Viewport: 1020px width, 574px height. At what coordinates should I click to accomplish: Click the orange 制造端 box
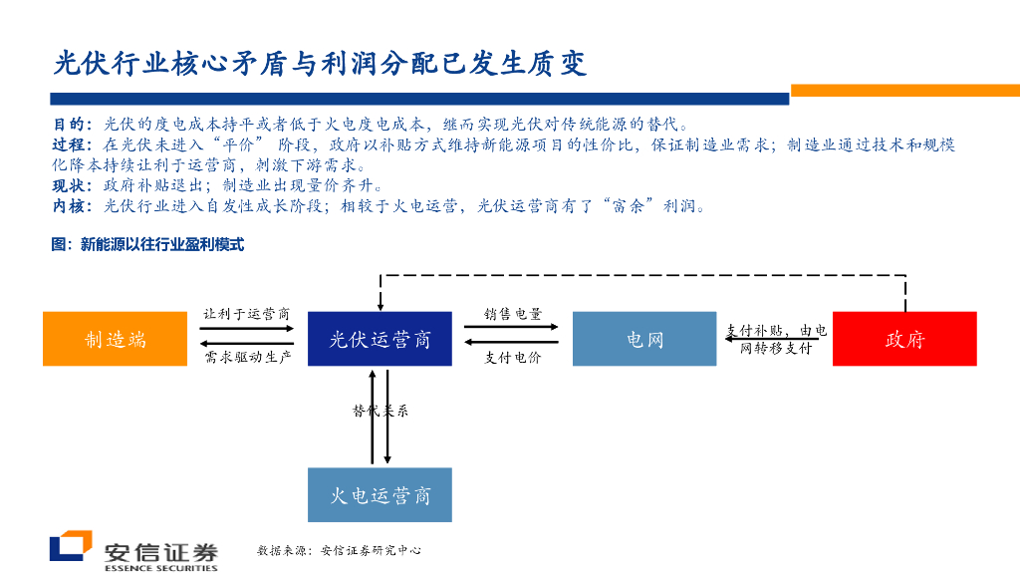pyautogui.click(x=115, y=339)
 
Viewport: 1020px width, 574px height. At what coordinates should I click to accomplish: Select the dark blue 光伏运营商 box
pyautogui.click(x=380, y=339)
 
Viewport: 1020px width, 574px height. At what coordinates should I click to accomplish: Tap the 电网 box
pyautogui.click(x=644, y=339)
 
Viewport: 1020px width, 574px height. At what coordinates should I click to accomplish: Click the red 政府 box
pyautogui.click(x=904, y=339)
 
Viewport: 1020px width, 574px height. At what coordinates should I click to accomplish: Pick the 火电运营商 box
pyautogui.click(x=380, y=495)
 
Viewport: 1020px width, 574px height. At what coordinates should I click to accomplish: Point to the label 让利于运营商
pyautogui.click(x=247, y=313)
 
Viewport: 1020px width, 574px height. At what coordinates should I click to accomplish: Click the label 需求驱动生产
pyautogui.click(x=247, y=357)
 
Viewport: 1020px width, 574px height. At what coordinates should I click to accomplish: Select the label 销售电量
pyautogui.click(x=513, y=313)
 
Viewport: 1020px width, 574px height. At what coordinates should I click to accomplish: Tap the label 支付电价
pyautogui.click(x=513, y=357)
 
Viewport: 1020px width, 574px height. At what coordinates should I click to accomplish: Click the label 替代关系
pyautogui.click(x=381, y=411)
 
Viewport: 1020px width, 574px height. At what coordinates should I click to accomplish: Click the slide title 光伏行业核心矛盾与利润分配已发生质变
pyautogui.click(x=320, y=64)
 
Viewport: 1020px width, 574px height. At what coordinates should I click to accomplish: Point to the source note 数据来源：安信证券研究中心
pyautogui.click(x=339, y=550)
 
